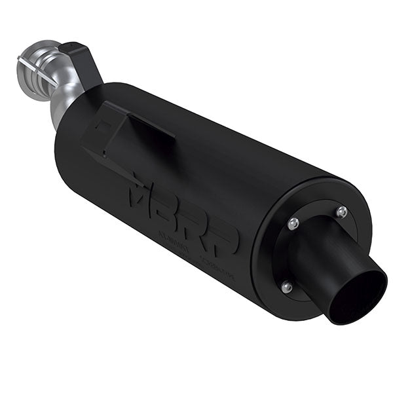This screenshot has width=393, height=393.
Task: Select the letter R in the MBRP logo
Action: (x=200, y=223)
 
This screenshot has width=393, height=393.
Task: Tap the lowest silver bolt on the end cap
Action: (x=285, y=287)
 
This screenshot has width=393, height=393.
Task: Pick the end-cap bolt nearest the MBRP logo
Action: (x=293, y=223)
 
